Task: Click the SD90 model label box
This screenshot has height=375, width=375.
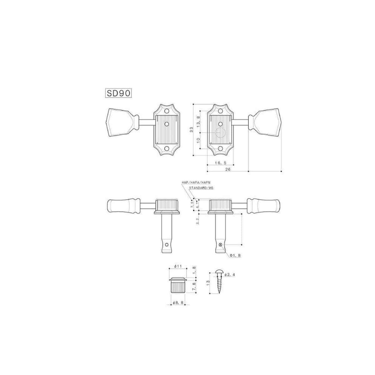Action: click(118, 93)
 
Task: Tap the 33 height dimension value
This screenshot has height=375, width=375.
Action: click(191, 130)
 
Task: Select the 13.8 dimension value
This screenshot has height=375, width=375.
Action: click(198, 122)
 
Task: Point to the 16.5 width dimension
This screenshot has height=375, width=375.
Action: click(221, 163)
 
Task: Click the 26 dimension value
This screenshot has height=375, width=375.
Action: click(228, 169)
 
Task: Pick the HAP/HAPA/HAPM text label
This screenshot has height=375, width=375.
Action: click(196, 182)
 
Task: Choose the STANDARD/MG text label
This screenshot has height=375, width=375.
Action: click(201, 188)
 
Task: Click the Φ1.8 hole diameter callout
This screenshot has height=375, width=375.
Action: click(235, 256)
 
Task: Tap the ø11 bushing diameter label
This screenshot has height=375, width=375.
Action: click(178, 266)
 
